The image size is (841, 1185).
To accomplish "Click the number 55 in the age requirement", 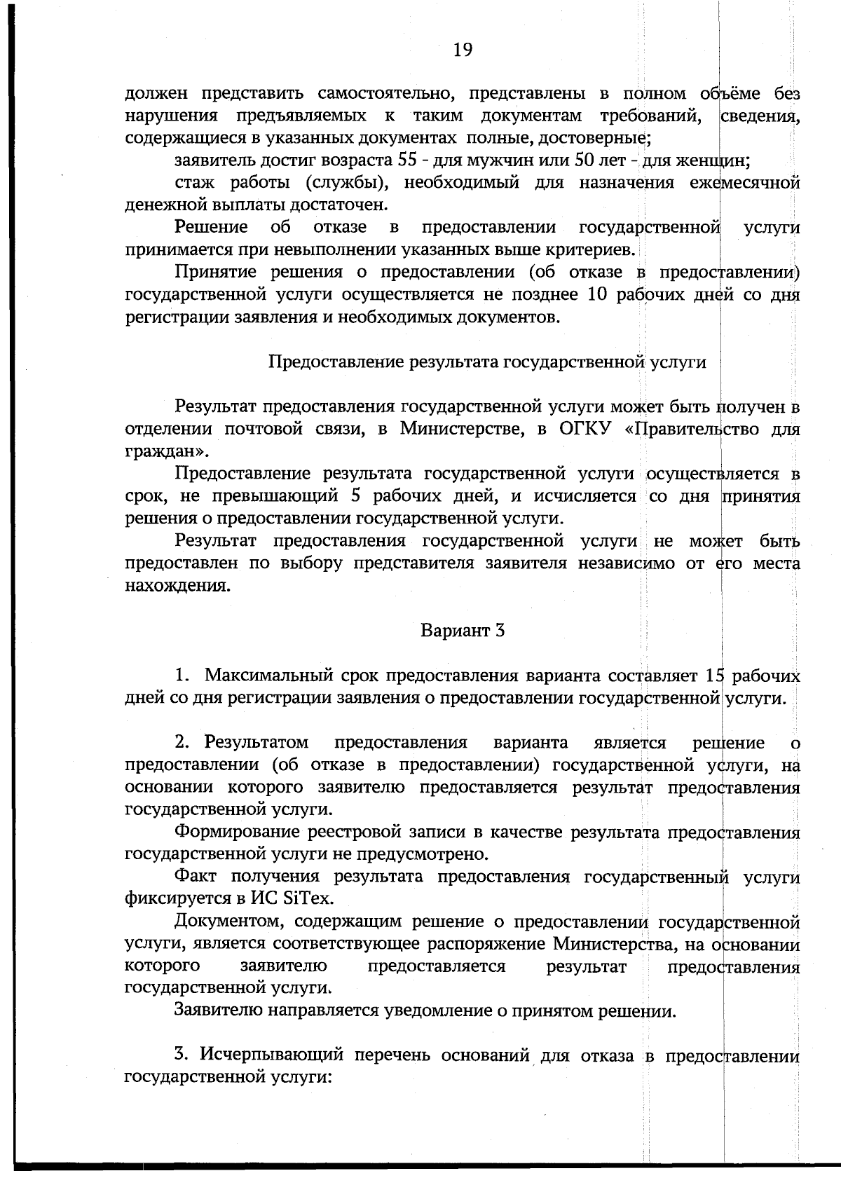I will pos(407,160).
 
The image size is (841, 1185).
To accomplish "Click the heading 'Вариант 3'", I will pos(463,630).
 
